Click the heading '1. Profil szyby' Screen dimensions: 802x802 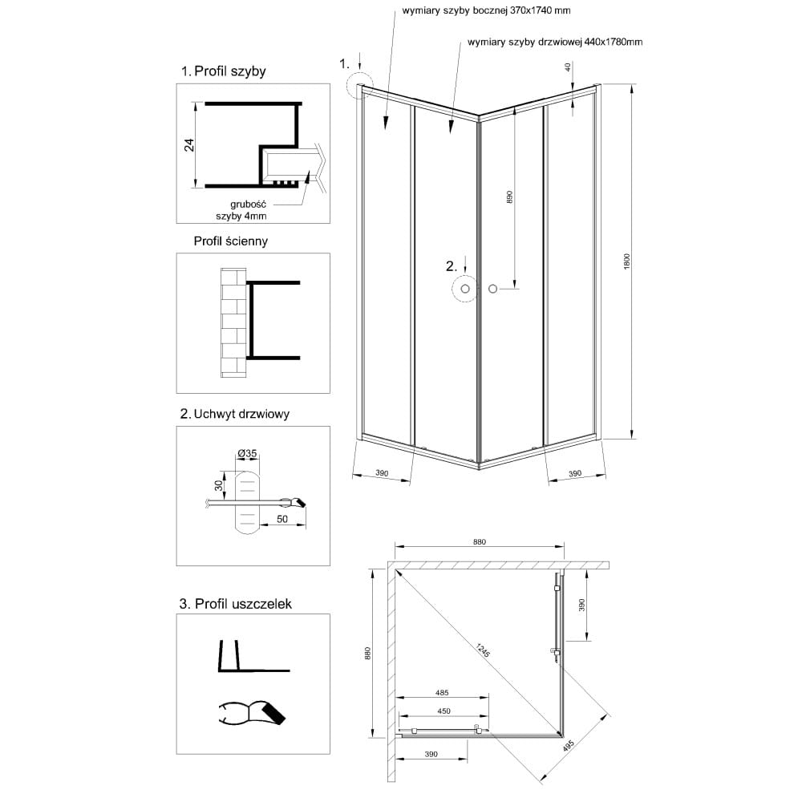click(x=224, y=71)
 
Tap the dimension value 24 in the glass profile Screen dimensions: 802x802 click(x=190, y=145)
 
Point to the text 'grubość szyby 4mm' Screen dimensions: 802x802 click(x=241, y=210)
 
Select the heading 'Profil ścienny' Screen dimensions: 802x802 click(x=231, y=241)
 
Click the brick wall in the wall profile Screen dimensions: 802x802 click(x=233, y=322)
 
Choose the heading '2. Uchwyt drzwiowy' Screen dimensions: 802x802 click(x=235, y=414)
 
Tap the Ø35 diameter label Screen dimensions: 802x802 click(x=247, y=453)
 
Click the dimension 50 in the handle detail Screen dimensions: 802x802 click(x=282, y=519)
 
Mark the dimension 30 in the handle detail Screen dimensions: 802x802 click(x=220, y=485)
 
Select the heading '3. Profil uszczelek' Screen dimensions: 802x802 click(x=235, y=604)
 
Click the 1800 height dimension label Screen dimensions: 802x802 click(x=627, y=261)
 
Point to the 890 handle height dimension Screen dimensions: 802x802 click(x=509, y=198)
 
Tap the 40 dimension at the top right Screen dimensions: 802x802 click(x=568, y=67)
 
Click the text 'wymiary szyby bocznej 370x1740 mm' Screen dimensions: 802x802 click(x=486, y=10)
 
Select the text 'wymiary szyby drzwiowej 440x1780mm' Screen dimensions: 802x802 click(x=555, y=42)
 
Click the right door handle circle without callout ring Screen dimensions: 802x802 click(x=492, y=289)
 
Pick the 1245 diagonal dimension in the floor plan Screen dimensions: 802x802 click(x=484, y=650)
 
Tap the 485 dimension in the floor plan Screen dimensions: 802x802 click(x=442, y=693)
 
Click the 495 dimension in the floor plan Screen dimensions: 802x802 click(x=569, y=745)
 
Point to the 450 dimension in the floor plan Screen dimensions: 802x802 click(x=444, y=711)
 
